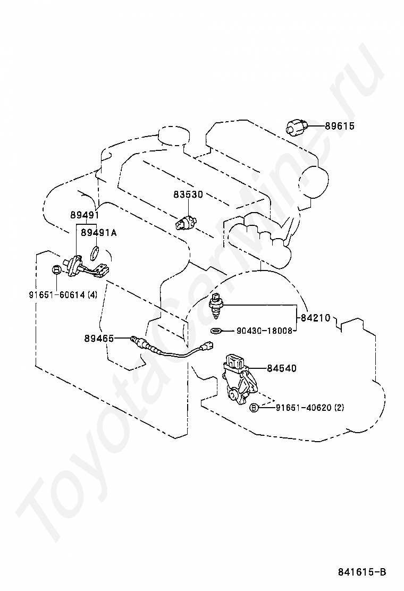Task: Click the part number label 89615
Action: (340, 126)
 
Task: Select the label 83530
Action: (188, 195)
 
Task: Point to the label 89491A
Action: (99, 233)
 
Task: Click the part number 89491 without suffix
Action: (85, 215)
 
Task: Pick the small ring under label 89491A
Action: (95, 252)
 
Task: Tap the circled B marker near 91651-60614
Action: (56, 270)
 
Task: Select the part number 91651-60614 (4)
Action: (63, 294)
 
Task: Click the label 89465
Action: (99, 339)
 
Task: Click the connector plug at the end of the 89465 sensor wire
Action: (208, 344)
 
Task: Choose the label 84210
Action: (315, 318)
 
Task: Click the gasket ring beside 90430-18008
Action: (216, 331)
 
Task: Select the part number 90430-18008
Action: (265, 331)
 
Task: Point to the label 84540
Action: (282, 368)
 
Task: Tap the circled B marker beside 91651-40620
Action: (254, 407)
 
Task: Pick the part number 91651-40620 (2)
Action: (310, 408)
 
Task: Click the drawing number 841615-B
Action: (362, 572)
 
